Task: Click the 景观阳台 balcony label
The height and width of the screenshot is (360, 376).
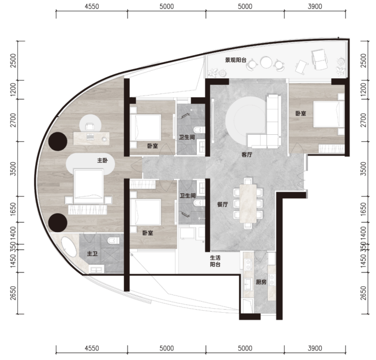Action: click(235, 60)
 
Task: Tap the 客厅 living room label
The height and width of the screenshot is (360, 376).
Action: click(247, 155)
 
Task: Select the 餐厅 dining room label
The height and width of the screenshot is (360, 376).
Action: click(222, 204)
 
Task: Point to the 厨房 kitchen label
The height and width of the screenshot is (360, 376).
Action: click(261, 282)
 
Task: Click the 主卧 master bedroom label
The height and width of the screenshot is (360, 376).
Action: click(103, 160)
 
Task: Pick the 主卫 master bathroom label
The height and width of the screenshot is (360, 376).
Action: click(92, 253)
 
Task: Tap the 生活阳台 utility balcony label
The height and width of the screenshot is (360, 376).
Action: click(215, 261)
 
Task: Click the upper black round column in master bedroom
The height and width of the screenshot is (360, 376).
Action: click(57, 141)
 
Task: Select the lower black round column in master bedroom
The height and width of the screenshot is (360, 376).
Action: click(57, 223)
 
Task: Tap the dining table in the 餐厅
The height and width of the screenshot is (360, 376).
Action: click(248, 203)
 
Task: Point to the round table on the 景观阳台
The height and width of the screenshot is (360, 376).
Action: click(266, 63)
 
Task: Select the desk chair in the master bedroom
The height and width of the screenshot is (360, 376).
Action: click(90, 127)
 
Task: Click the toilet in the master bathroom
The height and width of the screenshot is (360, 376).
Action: click(113, 241)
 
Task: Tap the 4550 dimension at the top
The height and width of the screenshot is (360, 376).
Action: click(92, 7)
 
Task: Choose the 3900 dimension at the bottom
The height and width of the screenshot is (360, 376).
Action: click(315, 348)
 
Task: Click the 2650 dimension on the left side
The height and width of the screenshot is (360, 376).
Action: click(13, 293)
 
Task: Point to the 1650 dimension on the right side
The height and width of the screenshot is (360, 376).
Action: click(363, 209)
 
